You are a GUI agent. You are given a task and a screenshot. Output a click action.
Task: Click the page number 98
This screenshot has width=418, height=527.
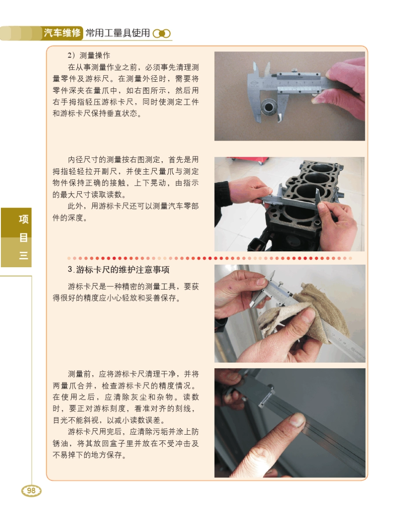point(31,491)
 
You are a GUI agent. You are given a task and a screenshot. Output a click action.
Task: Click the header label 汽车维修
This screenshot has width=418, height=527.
point(62,33)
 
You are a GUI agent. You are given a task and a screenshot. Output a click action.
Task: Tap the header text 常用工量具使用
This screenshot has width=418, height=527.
point(117,33)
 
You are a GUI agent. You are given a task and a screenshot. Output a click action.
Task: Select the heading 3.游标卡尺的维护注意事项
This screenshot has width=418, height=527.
point(122,269)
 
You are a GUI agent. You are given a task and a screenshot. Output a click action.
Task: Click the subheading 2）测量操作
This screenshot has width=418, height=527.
point(89,56)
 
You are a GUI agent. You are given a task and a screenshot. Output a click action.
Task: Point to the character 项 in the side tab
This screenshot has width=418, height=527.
point(23,220)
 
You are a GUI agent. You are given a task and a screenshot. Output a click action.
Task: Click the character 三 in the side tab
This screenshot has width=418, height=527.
point(23,256)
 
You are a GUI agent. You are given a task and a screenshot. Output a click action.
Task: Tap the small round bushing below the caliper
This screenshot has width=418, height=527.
point(269,106)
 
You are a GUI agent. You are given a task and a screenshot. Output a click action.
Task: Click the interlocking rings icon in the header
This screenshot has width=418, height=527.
point(161,34)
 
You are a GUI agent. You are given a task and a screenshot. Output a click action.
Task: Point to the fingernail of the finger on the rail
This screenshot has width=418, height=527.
point(297,420)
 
